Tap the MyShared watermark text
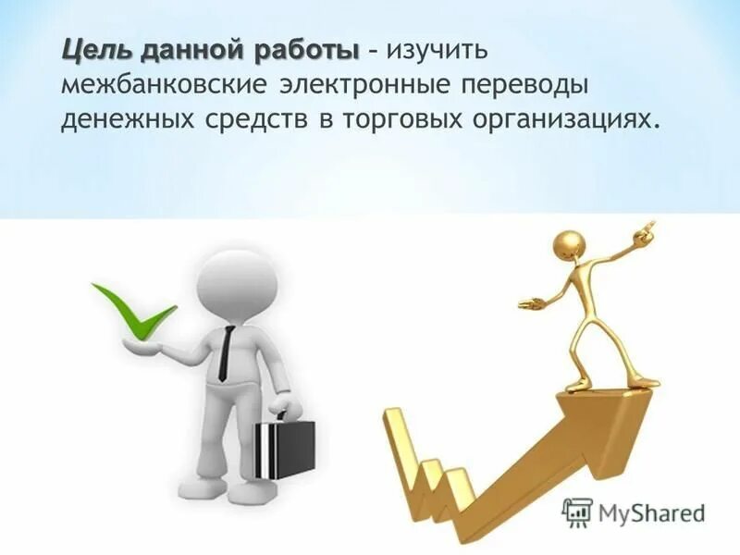point(651,512)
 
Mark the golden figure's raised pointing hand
point(647,228)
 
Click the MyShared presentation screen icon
point(577,512)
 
